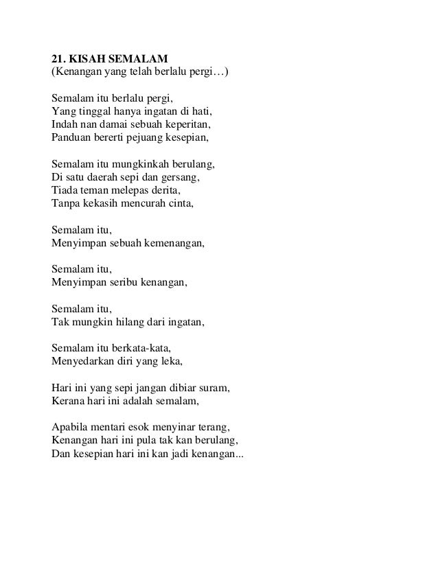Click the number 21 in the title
tap(58, 57)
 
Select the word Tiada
tap(65, 190)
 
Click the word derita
tap(164, 190)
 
